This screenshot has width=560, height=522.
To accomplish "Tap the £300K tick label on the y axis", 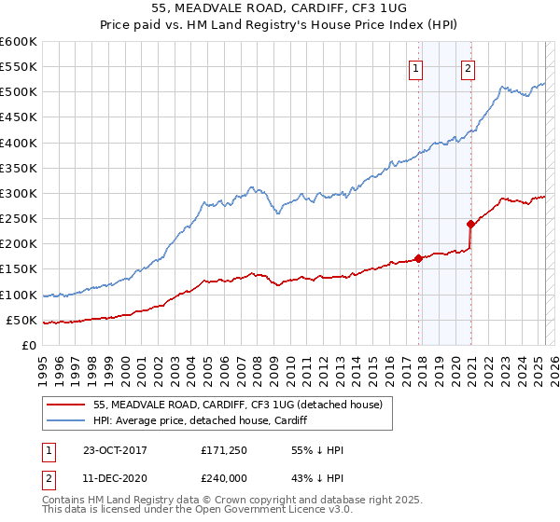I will (18, 193).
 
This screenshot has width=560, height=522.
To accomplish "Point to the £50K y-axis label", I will (21, 320).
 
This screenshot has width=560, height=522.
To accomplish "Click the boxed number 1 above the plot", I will (414, 66).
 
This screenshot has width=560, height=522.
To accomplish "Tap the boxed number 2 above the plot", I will (467, 66).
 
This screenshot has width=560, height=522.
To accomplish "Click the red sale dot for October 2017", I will (418, 258).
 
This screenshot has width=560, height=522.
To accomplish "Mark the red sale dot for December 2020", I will (470, 224).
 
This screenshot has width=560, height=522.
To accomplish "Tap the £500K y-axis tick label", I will (18, 91).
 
